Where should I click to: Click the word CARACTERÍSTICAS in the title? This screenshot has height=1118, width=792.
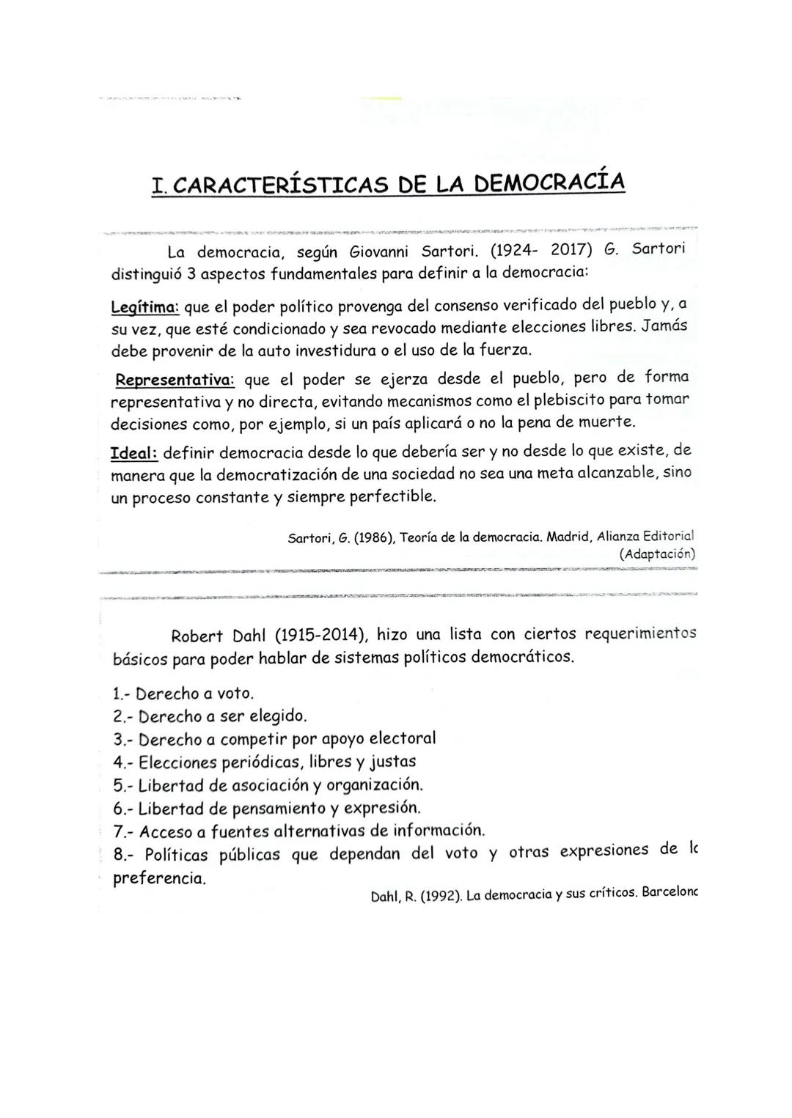click(279, 184)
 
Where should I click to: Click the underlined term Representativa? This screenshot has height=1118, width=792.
click(175, 380)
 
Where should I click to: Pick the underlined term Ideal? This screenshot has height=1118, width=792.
click(133, 453)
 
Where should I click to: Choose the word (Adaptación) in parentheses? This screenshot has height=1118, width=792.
click(657, 554)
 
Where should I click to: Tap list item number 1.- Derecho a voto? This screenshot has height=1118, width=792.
click(184, 693)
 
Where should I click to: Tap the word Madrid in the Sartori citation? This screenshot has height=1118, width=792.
click(568, 537)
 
